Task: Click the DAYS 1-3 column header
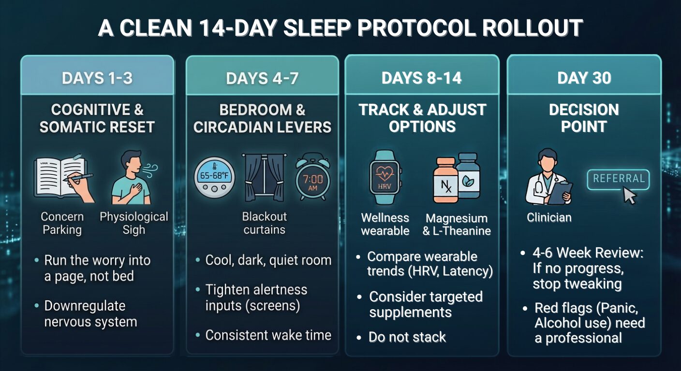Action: click(x=97, y=78)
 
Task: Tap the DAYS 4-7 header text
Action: click(x=262, y=78)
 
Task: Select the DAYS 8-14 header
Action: click(x=422, y=78)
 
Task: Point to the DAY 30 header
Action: click(x=584, y=78)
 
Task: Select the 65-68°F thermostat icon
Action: click(x=214, y=177)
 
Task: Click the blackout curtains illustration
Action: click(x=264, y=177)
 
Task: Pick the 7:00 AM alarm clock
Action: click(x=313, y=177)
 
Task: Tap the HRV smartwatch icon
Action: click(x=385, y=177)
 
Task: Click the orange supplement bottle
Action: click(x=445, y=180)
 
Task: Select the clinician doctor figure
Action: click(x=548, y=177)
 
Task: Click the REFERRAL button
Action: click(x=618, y=179)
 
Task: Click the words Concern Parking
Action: click(x=62, y=223)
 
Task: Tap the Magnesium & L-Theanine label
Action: click(x=457, y=225)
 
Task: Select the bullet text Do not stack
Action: click(x=407, y=337)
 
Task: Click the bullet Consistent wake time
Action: click(x=268, y=335)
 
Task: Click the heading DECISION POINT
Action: click(x=584, y=118)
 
